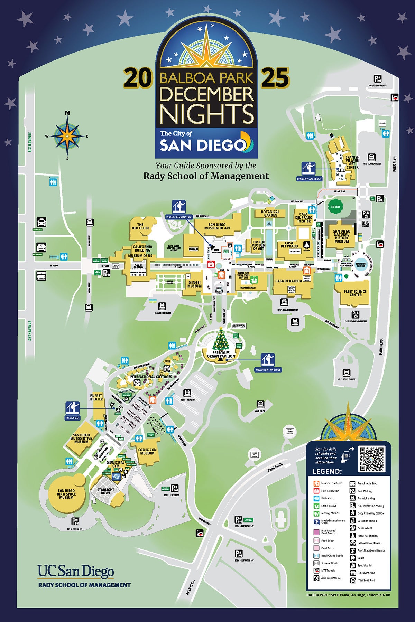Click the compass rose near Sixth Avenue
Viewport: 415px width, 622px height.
point(67,135)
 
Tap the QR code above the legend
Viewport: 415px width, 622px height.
point(372,459)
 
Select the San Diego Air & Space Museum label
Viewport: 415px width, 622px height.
point(66,494)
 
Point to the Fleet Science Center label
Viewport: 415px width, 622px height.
point(355,293)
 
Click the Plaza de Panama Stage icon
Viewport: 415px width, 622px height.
point(179,207)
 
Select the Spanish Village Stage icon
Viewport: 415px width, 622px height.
point(308,169)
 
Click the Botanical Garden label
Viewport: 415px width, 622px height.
point(270,213)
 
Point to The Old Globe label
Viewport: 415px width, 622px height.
point(140,226)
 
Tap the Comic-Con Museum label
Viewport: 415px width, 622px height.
point(147,451)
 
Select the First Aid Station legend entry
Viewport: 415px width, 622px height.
point(330,491)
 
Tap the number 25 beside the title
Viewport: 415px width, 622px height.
point(275,78)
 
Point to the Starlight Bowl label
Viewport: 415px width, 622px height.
point(105,491)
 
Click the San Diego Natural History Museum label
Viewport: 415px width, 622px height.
point(341,236)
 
